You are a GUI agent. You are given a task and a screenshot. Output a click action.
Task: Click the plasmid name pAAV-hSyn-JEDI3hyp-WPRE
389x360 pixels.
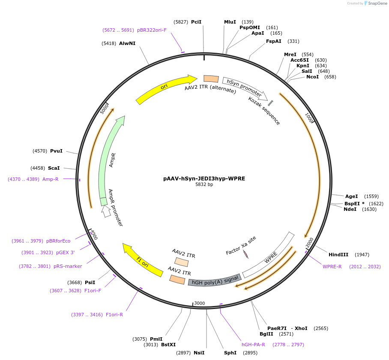click(x=204, y=178)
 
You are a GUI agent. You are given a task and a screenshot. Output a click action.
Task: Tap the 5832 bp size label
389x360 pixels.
click(x=204, y=185)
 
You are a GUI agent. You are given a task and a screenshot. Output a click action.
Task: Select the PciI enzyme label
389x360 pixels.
click(x=196, y=22)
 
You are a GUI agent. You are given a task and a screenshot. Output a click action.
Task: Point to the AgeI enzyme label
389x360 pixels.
click(x=351, y=196)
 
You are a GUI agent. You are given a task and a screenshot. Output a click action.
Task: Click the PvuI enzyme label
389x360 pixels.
click(x=56, y=151)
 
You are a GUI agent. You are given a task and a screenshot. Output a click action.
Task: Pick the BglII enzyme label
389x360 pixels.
click(x=266, y=334)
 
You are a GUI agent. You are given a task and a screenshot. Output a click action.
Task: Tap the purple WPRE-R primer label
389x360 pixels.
click(x=332, y=267)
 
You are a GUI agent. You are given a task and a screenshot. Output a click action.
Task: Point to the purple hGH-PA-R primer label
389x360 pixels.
click(x=253, y=344)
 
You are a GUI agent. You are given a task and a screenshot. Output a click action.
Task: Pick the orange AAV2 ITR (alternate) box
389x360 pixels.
click(x=211, y=79)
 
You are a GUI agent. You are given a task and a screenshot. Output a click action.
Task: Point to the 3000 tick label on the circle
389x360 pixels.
click(x=199, y=303)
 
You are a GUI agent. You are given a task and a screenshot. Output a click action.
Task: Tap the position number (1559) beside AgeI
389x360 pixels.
click(x=371, y=196)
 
